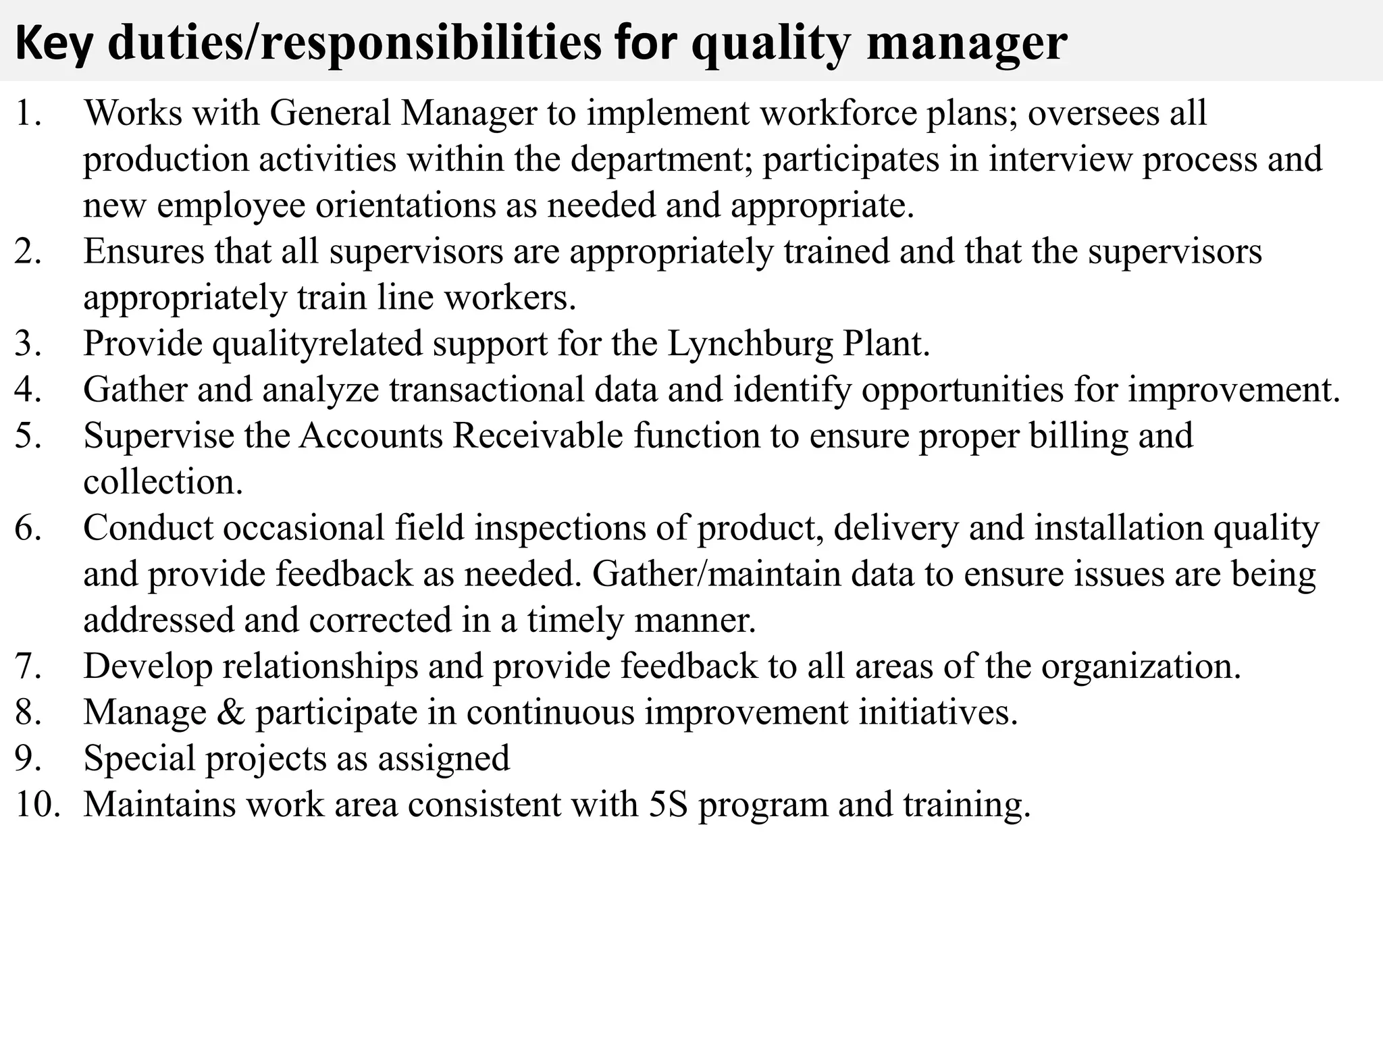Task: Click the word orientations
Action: point(406,205)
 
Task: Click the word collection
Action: point(163,482)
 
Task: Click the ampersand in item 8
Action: point(231,712)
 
